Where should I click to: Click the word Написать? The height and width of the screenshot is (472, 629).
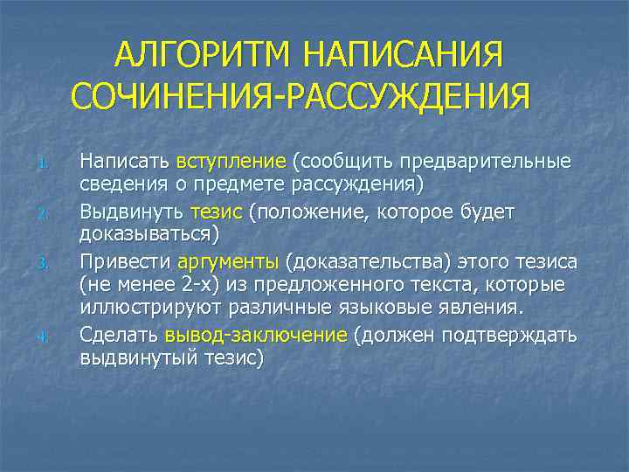(x=124, y=162)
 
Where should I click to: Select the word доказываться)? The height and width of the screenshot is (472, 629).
(x=149, y=235)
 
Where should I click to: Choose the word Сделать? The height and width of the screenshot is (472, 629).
(x=119, y=336)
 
